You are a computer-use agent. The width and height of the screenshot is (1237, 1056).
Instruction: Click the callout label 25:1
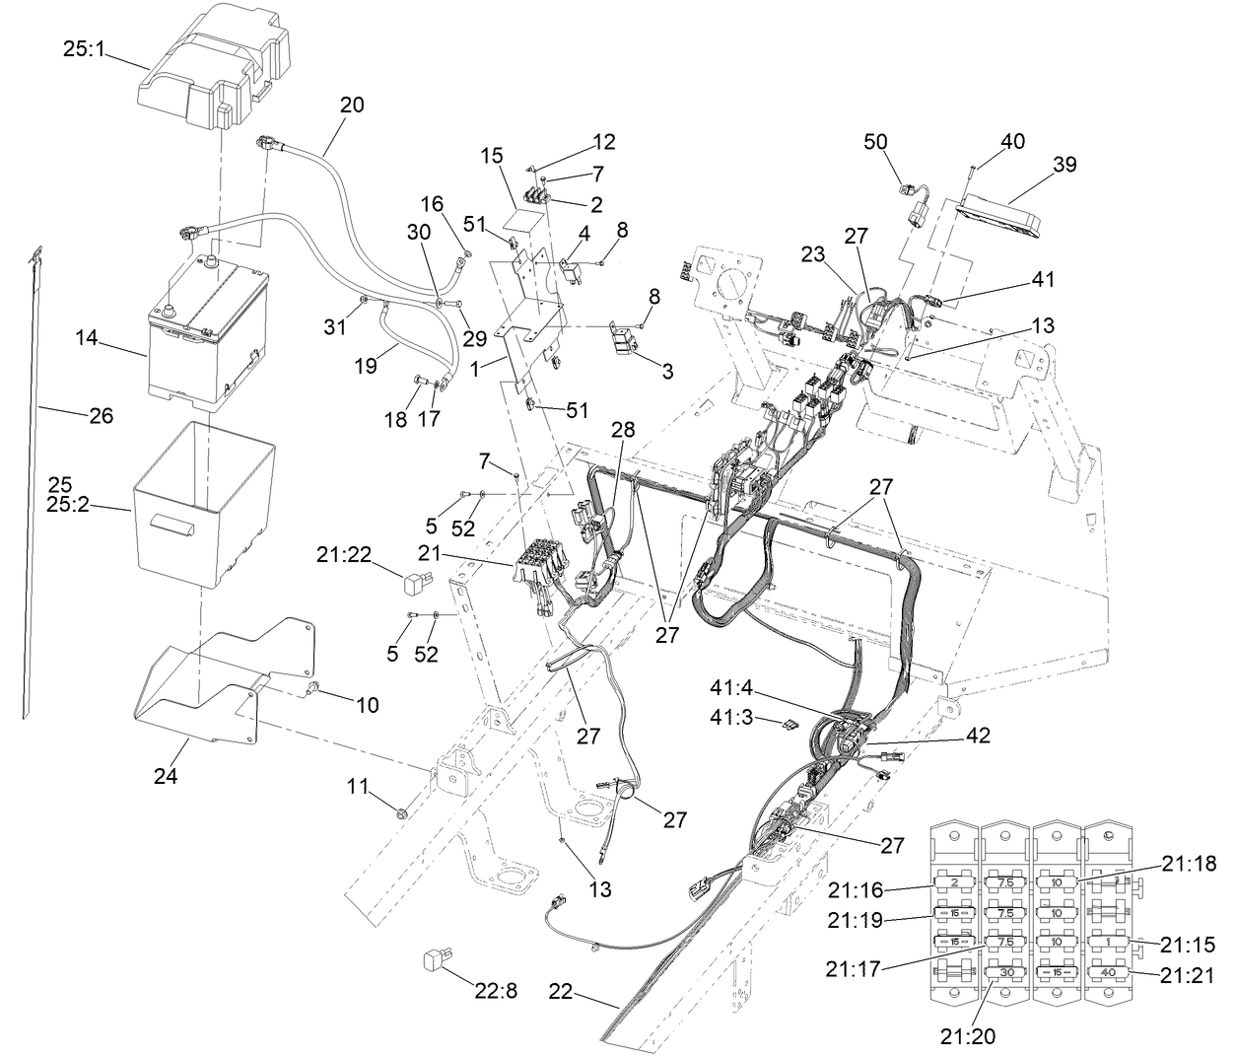(84, 47)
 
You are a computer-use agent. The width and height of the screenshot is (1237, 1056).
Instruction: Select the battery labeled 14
(205, 335)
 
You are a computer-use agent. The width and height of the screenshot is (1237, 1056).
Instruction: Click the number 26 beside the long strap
(101, 416)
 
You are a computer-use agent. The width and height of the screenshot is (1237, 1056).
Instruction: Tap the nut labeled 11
(402, 813)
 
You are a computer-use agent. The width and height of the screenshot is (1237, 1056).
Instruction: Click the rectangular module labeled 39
(997, 217)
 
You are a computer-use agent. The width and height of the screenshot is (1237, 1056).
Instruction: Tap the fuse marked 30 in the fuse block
(1007, 972)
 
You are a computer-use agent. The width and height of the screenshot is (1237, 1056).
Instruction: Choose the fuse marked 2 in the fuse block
(954, 882)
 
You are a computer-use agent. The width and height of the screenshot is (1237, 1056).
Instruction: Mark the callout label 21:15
(1188, 944)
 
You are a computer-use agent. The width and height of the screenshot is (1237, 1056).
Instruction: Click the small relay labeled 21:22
(419, 583)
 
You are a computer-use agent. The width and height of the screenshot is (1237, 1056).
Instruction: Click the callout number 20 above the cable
(352, 105)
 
